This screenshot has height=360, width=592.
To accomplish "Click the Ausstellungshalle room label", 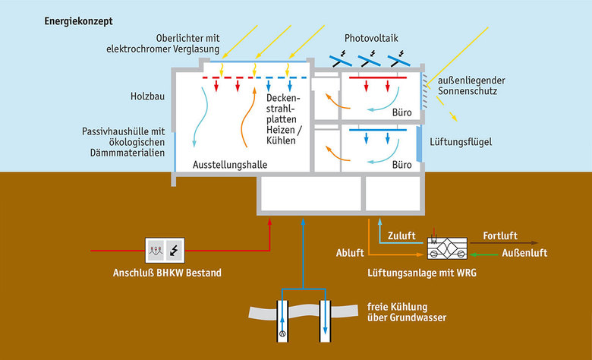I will [231, 165].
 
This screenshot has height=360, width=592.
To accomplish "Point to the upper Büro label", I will [401, 112].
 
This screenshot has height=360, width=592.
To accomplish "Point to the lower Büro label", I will [401, 165].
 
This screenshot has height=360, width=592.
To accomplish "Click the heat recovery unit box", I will [449, 245].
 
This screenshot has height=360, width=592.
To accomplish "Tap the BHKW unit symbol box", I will [165, 249].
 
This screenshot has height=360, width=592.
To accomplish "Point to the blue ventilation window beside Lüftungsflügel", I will [420, 144].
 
